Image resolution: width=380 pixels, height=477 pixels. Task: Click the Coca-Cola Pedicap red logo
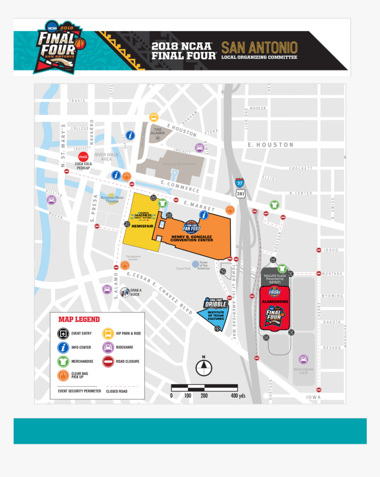click(83, 157)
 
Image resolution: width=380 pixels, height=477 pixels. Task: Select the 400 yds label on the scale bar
click(238, 396)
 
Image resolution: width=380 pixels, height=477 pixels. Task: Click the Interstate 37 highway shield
click(239, 182)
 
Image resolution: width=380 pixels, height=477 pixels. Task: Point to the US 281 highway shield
click(240, 193)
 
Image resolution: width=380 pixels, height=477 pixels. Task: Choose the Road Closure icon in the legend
click(108, 361)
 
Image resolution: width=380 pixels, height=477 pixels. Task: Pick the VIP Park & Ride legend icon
click(108, 333)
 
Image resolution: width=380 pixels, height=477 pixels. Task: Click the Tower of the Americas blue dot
click(195, 264)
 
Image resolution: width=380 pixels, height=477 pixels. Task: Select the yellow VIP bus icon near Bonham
click(153, 117)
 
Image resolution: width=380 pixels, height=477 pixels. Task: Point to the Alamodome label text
click(275, 301)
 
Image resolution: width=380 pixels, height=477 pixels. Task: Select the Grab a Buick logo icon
click(125, 292)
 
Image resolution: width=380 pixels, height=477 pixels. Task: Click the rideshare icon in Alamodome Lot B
click(303, 359)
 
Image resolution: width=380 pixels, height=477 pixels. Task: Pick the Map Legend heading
click(79, 319)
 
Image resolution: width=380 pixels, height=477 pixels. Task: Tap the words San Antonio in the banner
click(259, 48)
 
